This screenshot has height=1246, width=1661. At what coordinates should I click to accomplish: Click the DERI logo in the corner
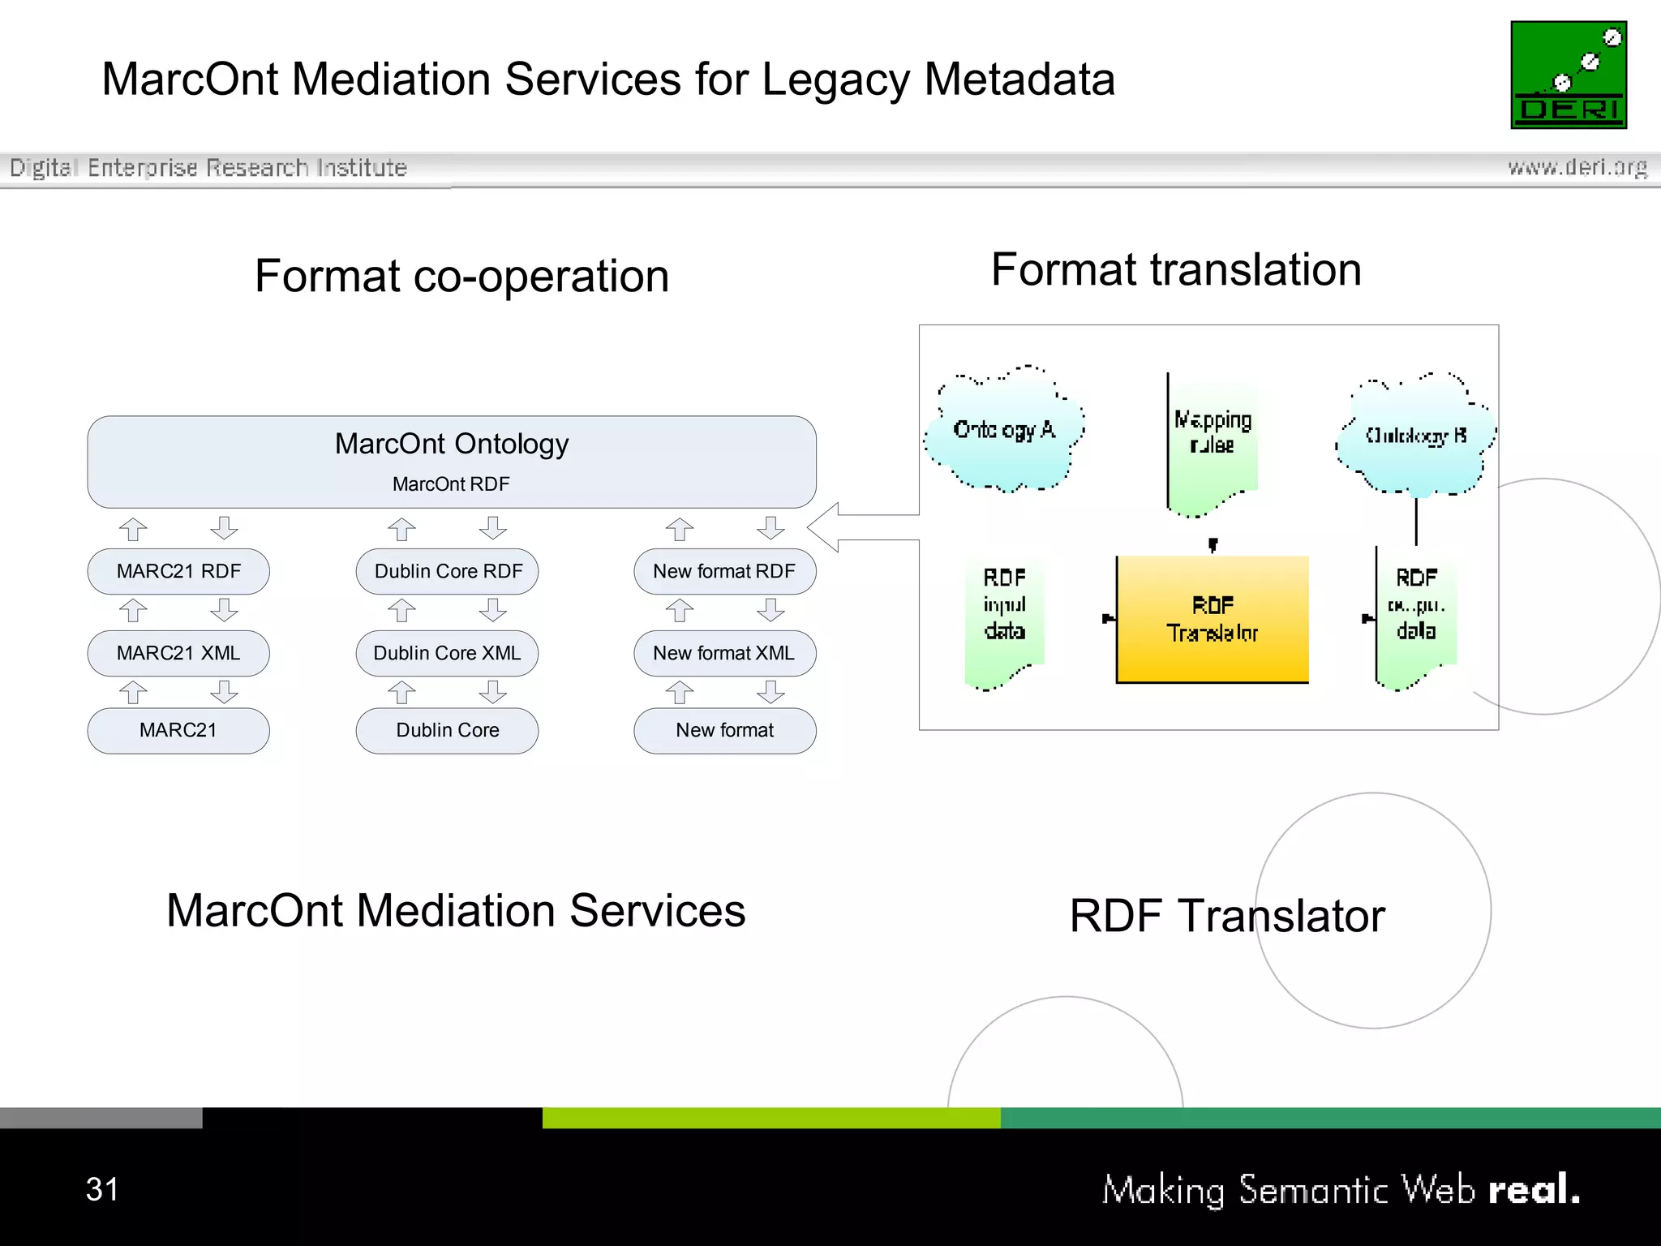tap(1568, 75)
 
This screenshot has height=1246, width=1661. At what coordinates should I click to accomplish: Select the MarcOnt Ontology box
tap(452, 462)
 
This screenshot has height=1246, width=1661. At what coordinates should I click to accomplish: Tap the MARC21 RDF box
tap(178, 571)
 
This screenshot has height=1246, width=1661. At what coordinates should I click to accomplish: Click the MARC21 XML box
tap(178, 653)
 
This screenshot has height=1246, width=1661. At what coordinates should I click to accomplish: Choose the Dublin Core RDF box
tap(448, 571)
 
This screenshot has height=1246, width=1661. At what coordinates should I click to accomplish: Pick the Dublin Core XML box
tap(448, 653)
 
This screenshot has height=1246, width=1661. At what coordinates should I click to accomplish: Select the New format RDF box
tap(724, 571)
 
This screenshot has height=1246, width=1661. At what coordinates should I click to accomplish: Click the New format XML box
tap(724, 653)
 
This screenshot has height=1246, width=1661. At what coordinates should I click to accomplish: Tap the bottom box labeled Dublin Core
tap(448, 730)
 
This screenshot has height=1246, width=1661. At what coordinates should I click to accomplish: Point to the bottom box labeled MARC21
tap(178, 730)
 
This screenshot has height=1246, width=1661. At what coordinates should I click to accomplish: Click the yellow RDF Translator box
tap(1212, 619)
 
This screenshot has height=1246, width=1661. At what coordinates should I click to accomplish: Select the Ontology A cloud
tap(1005, 430)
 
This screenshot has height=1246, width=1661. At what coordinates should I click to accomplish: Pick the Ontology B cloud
tap(1416, 436)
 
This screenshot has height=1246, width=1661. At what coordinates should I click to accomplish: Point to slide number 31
tap(102, 1189)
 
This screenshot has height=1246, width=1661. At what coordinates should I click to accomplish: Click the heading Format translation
tap(1176, 269)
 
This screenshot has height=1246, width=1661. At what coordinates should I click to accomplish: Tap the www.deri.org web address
tap(1577, 167)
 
